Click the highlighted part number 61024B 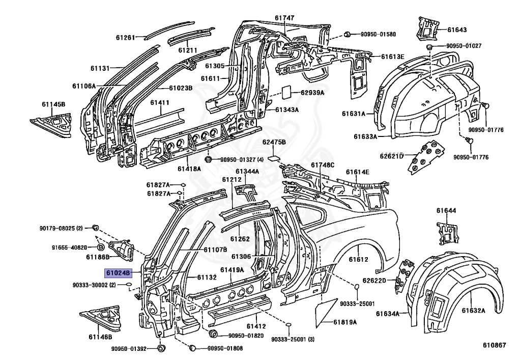(x=118, y=273)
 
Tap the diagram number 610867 (x=495, y=346)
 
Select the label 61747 (x=284, y=18)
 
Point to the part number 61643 (x=457, y=30)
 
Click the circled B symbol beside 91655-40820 (x=101, y=247)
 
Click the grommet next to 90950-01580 (x=347, y=34)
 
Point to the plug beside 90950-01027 (x=429, y=46)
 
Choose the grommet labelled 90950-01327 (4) (x=209, y=159)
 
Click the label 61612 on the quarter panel (x=358, y=259)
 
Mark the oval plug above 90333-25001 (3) (x=289, y=324)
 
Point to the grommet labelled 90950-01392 (x=161, y=348)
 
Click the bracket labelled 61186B (x=122, y=250)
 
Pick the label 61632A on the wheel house (x=473, y=311)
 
